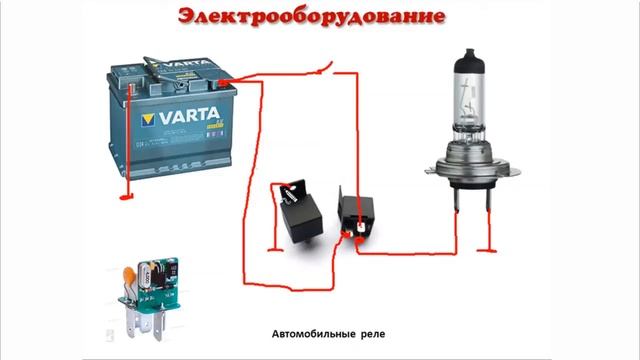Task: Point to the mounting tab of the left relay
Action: [287, 189]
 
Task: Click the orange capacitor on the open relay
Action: [131, 275]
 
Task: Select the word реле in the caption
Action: [371, 335]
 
